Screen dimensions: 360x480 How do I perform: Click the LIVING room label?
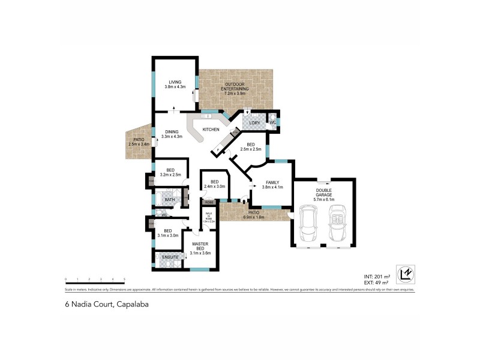175,82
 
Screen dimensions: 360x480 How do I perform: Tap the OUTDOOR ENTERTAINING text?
236,89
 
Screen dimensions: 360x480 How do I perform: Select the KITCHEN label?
211,130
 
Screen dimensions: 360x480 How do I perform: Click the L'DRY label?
254,123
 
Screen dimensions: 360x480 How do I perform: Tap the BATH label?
170,200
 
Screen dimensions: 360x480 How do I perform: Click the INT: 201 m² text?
376,275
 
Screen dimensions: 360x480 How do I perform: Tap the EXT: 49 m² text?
376,281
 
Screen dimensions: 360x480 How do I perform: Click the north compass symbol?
404,273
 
